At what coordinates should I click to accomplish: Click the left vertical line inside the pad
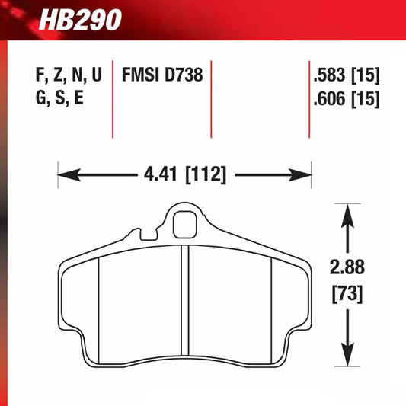101,301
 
